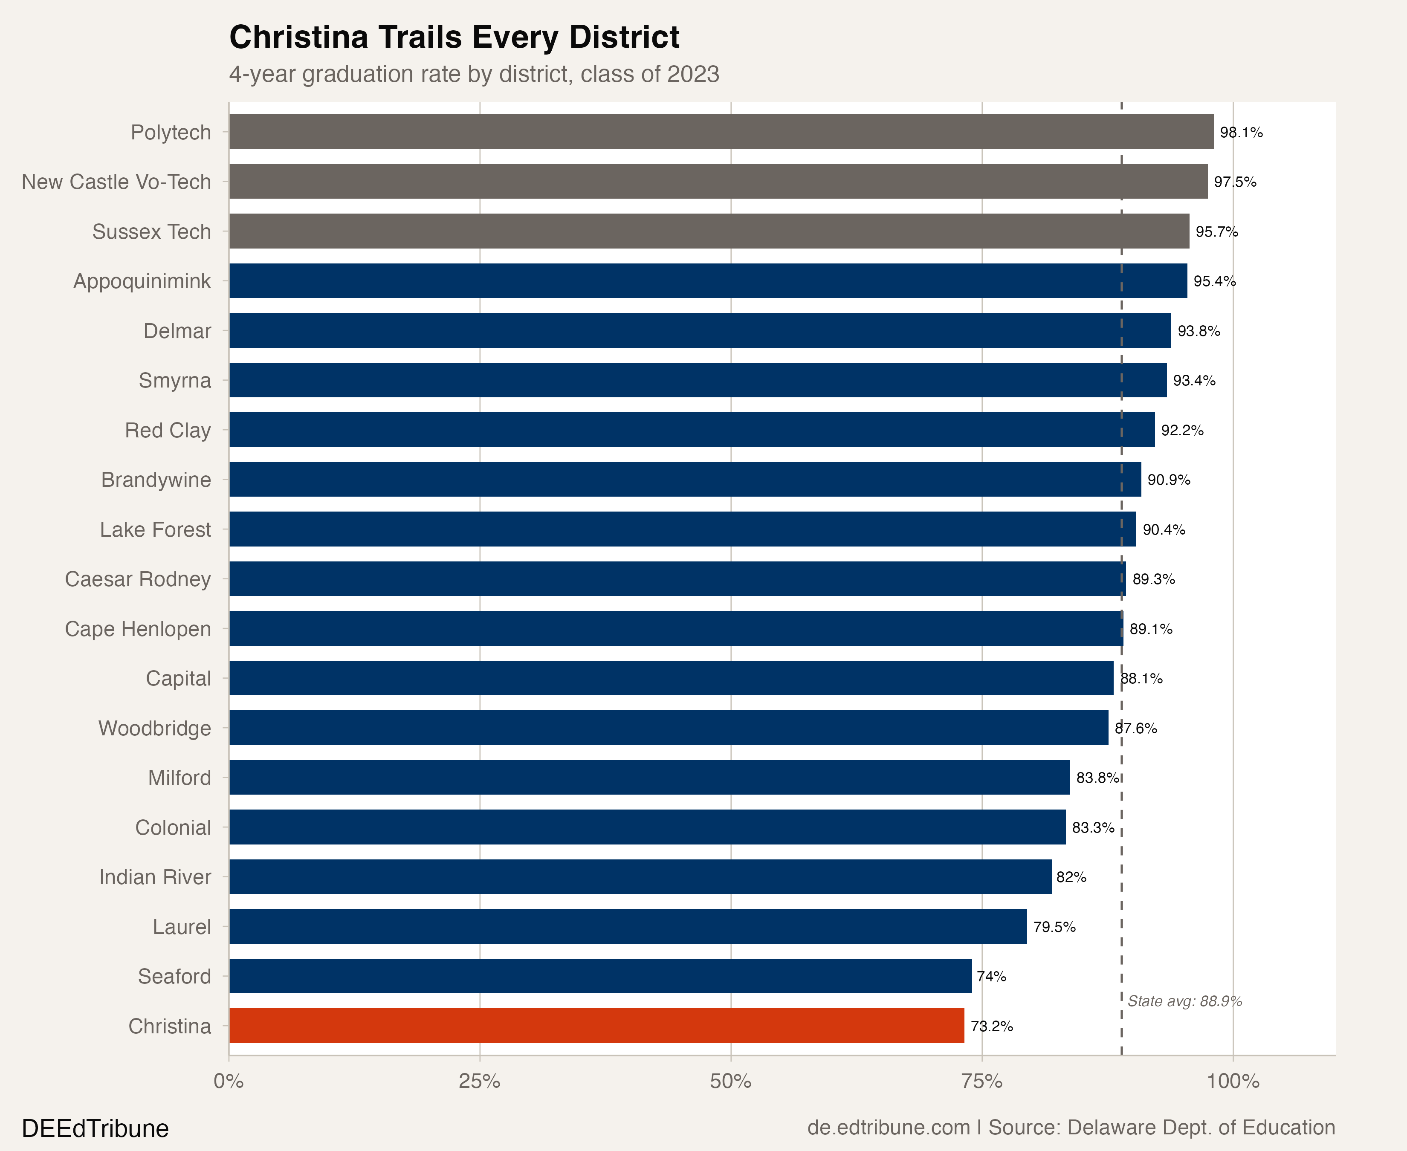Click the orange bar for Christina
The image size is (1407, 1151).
(597, 1026)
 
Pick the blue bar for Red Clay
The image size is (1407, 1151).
(692, 430)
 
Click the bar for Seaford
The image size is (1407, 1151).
(600, 976)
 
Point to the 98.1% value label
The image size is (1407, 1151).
(1241, 133)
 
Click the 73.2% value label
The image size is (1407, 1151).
(992, 1027)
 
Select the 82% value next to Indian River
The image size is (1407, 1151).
(1071, 877)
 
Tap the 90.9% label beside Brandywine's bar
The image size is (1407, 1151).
(1169, 480)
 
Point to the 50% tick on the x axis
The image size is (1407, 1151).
(731, 1082)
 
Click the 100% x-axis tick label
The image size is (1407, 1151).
(1233, 1082)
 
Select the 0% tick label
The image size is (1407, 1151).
(229, 1082)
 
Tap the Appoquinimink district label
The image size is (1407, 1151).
(142, 281)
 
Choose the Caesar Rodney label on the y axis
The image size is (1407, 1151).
(138, 579)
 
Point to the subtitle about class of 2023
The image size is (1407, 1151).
(474, 74)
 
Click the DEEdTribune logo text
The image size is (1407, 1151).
(96, 1128)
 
